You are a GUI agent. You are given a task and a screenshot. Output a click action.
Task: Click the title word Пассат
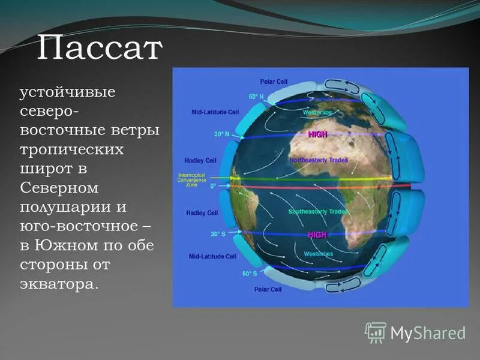click(x=100, y=49)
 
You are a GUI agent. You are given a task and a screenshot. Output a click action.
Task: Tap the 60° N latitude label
click(x=256, y=96)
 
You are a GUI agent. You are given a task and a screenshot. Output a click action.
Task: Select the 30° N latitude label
click(x=221, y=134)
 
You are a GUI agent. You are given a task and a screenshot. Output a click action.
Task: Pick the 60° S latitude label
click(x=250, y=274)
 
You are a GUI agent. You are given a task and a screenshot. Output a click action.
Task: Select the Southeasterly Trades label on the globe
click(x=318, y=212)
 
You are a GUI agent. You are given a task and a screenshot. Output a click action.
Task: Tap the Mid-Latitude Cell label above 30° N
click(x=214, y=112)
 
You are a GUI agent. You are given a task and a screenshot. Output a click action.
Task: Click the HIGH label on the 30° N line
click(x=317, y=135)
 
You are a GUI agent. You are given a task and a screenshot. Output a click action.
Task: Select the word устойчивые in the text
click(x=68, y=93)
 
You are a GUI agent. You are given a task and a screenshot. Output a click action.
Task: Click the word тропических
click(x=71, y=150)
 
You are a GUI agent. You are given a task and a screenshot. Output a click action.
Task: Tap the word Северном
click(x=59, y=188)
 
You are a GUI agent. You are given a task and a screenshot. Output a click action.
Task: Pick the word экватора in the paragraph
click(x=58, y=283)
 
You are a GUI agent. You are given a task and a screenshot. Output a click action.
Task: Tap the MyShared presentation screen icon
click(x=376, y=332)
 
